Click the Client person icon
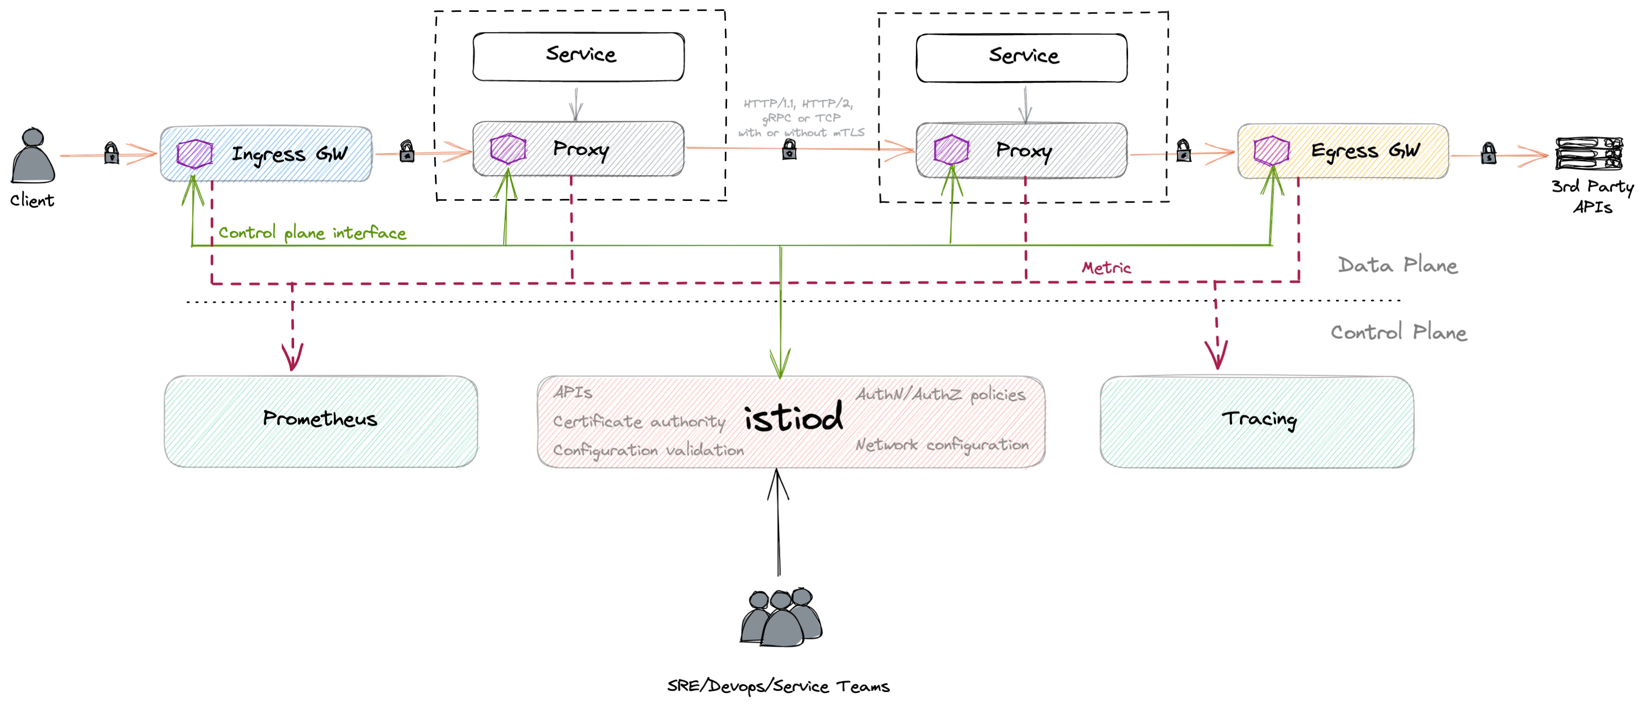[x=33, y=156]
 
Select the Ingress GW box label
[x=288, y=154]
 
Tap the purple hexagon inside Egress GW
[x=1270, y=151]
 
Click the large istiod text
[x=793, y=418]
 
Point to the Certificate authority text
[x=639, y=421]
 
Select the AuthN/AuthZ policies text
[x=940, y=395]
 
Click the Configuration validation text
[x=648, y=450]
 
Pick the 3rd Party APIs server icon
[x=1588, y=154]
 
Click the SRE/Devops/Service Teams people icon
[x=781, y=618]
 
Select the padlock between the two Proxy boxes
[x=789, y=149]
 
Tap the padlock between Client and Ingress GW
[x=111, y=153]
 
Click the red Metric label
[x=1106, y=268]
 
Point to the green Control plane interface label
[x=312, y=233]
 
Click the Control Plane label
[x=1398, y=332]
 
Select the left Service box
[x=578, y=56]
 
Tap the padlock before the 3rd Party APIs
[x=1488, y=153]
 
